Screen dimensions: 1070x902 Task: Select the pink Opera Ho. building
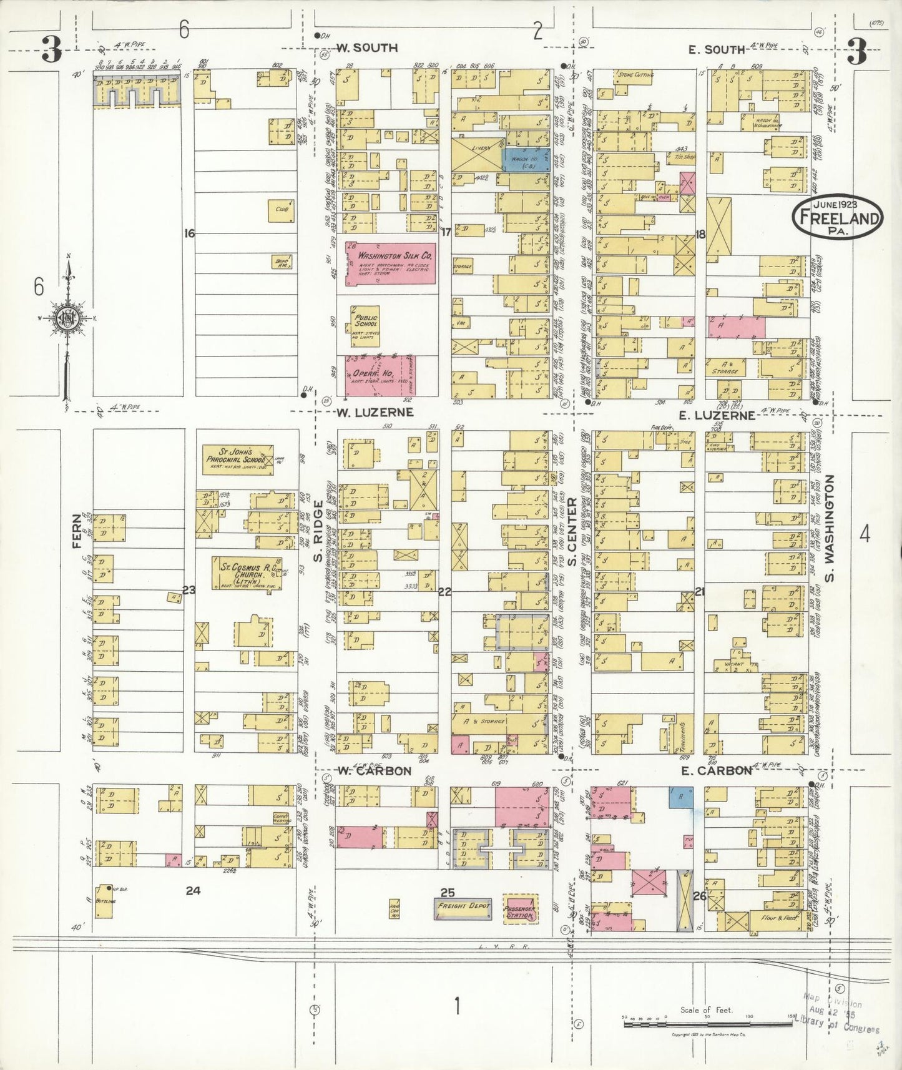point(381,376)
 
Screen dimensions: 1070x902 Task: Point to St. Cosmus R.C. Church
point(246,573)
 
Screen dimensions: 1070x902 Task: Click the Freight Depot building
point(463,906)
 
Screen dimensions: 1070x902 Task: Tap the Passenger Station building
point(519,908)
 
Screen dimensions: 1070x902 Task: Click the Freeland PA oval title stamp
point(837,217)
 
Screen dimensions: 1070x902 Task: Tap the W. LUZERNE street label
point(375,412)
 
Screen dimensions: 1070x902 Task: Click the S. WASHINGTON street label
point(830,528)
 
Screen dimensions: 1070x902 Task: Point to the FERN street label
point(77,531)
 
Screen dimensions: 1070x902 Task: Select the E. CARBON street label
point(716,770)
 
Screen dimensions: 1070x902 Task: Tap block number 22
point(444,591)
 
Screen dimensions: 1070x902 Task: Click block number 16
point(189,233)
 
